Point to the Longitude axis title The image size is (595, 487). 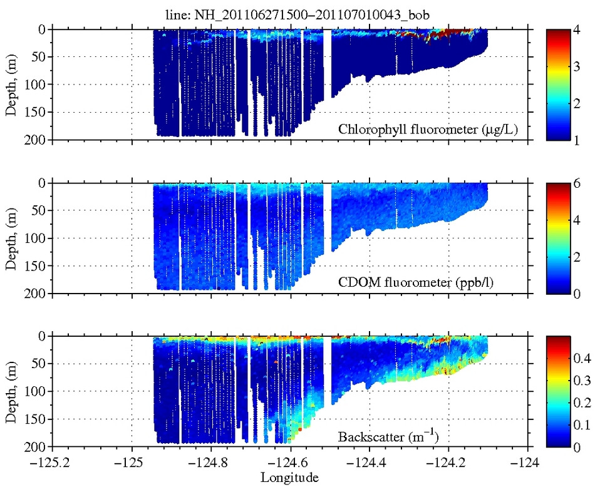[x=289, y=478]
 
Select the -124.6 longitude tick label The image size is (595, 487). [x=289, y=464]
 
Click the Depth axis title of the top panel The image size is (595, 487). [x=12, y=85]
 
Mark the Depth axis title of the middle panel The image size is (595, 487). [x=12, y=238]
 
